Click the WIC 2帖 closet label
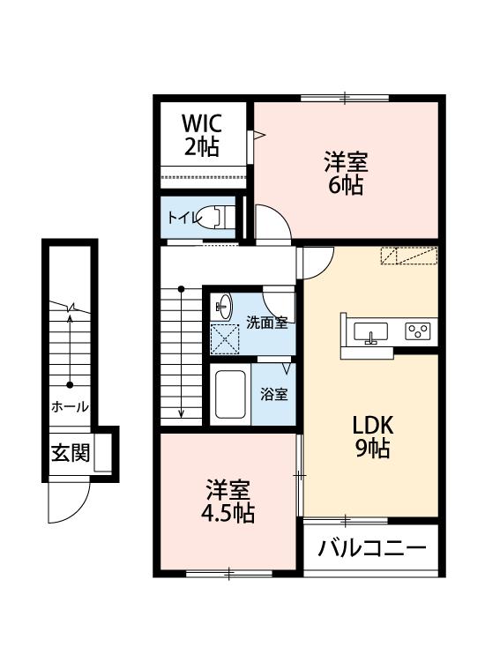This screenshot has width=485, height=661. [x=202, y=135]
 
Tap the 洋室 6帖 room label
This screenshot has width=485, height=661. [x=344, y=174]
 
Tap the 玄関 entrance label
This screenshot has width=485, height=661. [x=70, y=454]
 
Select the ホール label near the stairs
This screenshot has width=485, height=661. [x=69, y=407]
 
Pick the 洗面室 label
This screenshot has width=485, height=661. [x=266, y=322]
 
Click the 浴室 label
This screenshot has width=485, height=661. [x=273, y=395]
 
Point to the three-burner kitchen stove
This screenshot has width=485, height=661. [x=417, y=331]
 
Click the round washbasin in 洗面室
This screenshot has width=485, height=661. [x=222, y=307]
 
